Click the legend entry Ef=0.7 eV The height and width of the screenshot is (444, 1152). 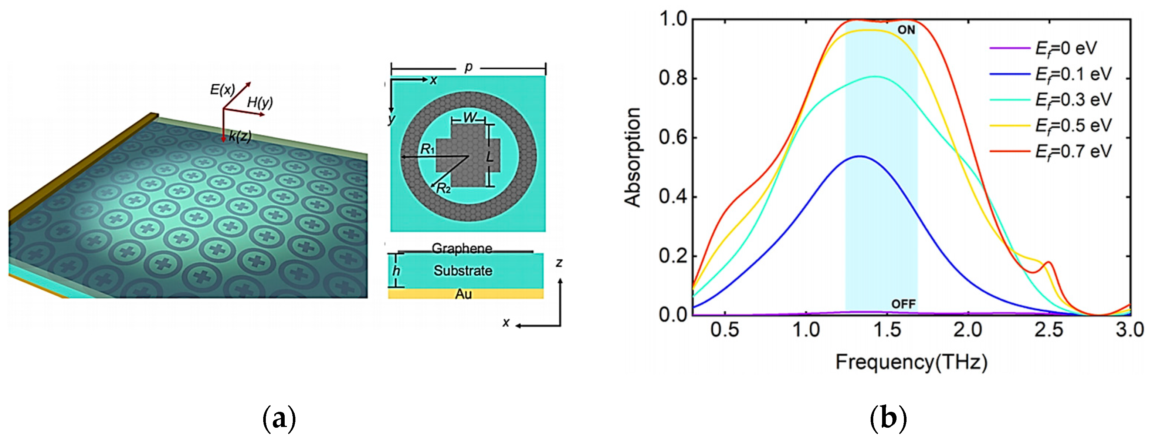1073,152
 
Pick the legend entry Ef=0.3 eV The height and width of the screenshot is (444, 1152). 1073,100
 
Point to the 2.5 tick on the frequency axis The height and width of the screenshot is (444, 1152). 1049,330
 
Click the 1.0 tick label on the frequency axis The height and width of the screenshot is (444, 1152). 806,330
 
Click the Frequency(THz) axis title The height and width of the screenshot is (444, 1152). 911,361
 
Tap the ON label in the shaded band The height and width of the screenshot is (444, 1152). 906,30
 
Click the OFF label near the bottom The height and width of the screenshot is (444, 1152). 903,305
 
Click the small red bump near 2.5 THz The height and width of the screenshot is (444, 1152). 1048,263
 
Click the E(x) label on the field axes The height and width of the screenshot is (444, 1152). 222,90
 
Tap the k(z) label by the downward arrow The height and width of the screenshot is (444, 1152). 240,136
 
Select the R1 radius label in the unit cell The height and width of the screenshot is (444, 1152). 427,149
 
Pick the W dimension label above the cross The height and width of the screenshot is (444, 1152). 469,118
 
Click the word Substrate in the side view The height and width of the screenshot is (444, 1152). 463,271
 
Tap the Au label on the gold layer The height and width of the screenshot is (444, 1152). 463,294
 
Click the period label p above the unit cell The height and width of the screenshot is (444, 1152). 468,67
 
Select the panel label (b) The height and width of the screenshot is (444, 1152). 888,418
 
